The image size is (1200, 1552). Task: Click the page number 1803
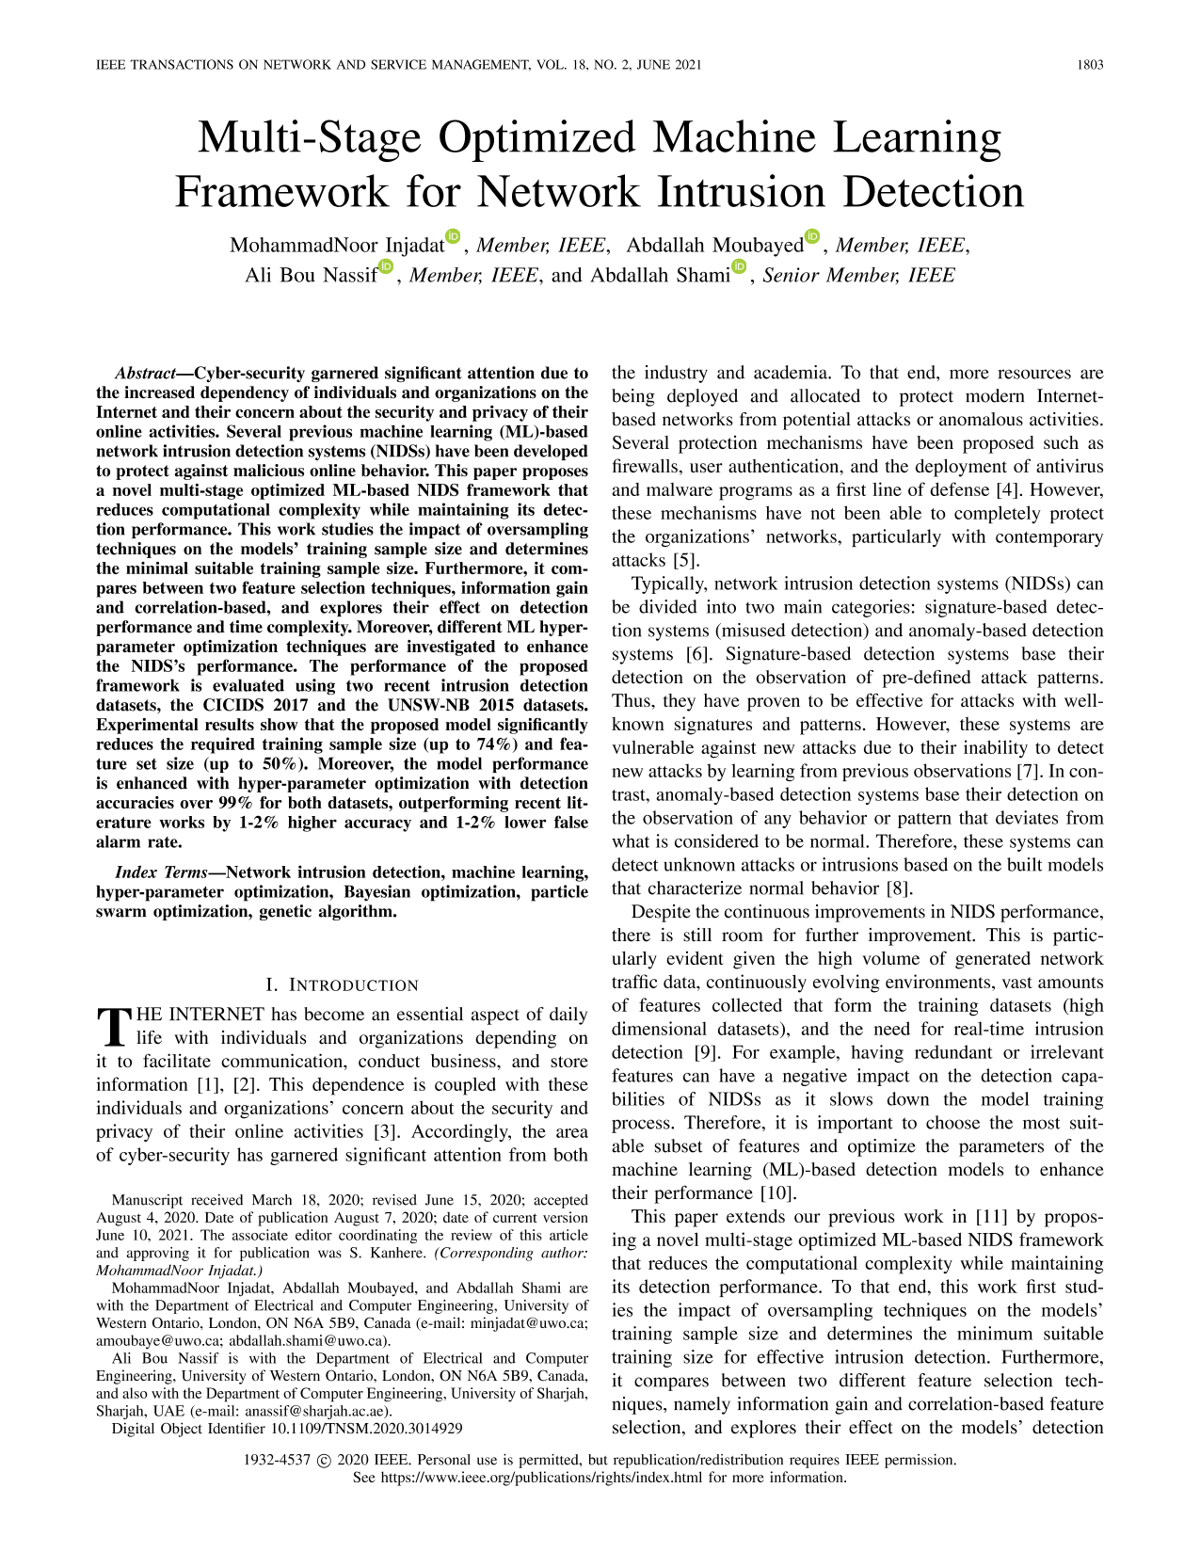(1090, 65)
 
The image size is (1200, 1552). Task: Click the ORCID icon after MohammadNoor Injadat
(454, 236)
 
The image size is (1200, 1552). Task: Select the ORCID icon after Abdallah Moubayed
(813, 236)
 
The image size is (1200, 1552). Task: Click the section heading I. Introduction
(342, 985)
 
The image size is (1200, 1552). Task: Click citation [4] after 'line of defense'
(1006, 490)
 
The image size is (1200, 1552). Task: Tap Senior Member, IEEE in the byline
(858, 276)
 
